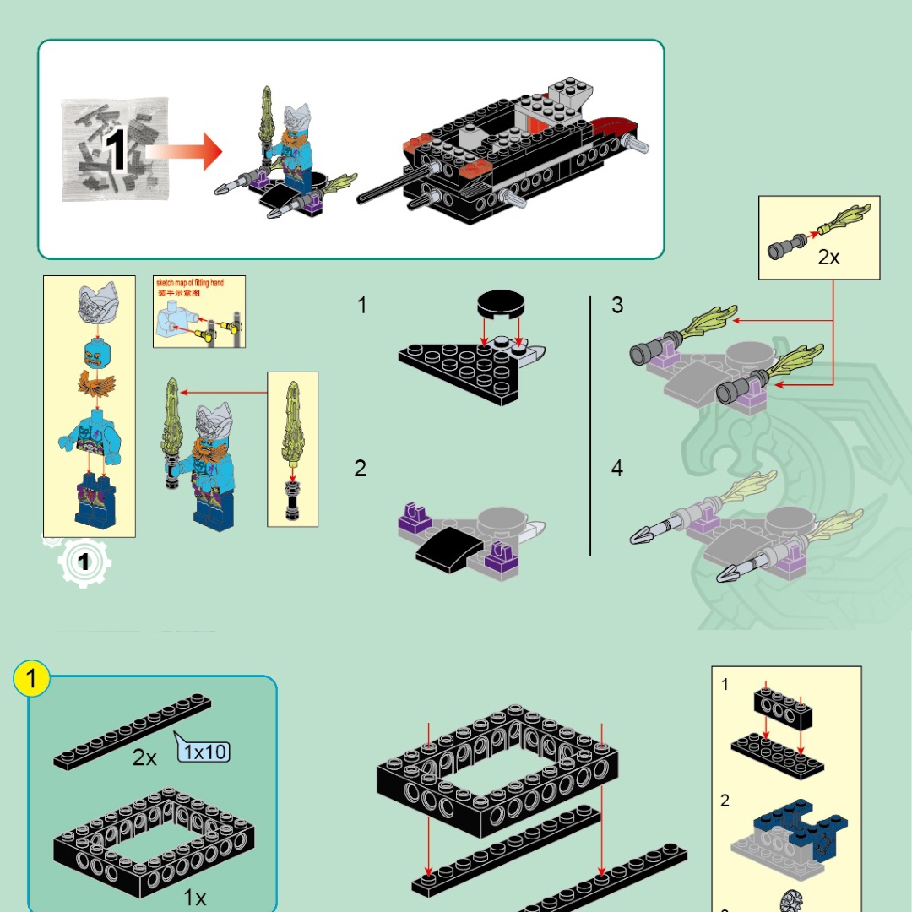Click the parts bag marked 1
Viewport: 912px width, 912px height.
pyautogui.click(x=115, y=150)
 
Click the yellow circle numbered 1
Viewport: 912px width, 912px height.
pyautogui.click(x=32, y=679)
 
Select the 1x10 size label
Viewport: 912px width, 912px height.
pyautogui.click(x=204, y=750)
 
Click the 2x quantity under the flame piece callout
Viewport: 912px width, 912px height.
pyautogui.click(x=828, y=258)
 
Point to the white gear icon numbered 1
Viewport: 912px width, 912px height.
pyautogui.click(x=84, y=562)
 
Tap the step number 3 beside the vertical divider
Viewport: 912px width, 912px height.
pyautogui.click(x=617, y=306)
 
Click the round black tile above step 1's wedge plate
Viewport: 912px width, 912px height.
pyautogui.click(x=500, y=304)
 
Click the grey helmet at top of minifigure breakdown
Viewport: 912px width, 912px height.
pyautogui.click(x=96, y=303)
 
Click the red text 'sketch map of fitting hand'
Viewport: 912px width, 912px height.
pyautogui.click(x=190, y=283)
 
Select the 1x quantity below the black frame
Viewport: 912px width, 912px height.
pyautogui.click(x=194, y=898)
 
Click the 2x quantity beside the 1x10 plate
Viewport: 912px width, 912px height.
pyautogui.click(x=144, y=757)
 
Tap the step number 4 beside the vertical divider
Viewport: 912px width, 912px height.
pyautogui.click(x=617, y=469)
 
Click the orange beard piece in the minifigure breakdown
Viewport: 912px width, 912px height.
pyautogui.click(x=96, y=386)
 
